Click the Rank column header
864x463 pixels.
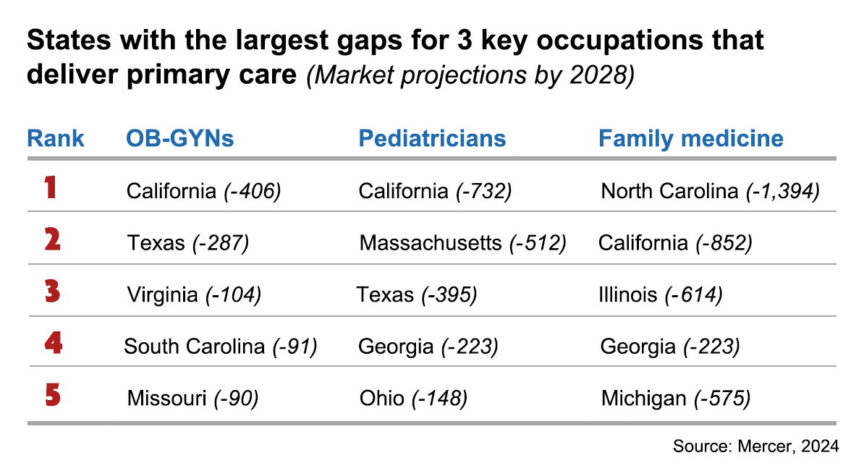click(x=56, y=138)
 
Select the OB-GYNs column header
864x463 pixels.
click(x=180, y=138)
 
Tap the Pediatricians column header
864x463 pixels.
click(x=432, y=138)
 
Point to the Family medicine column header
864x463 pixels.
click(x=690, y=138)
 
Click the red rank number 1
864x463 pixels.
click(x=51, y=189)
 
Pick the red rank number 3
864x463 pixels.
click(x=52, y=293)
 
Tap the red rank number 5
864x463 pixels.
click(x=52, y=396)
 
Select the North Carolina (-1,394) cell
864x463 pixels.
click(x=710, y=191)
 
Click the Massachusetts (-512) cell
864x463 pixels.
click(x=462, y=243)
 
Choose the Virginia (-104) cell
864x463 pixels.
click(x=194, y=294)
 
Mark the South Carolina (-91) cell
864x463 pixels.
click(x=221, y=347)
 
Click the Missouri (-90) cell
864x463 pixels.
click(x=192, y=398)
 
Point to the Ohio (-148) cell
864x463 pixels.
click(x=413, y=398)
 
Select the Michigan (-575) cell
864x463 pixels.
click(x=675, y=398)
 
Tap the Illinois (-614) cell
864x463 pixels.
click(x=660, y=294)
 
